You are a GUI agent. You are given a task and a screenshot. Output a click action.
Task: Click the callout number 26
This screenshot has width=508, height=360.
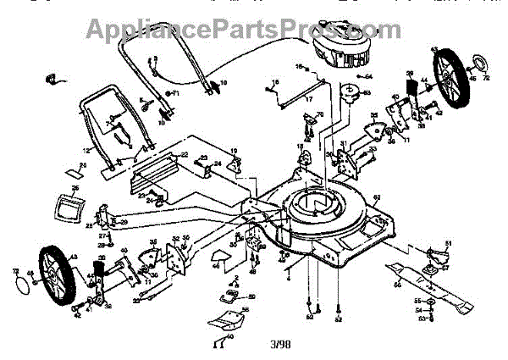pos(74,188)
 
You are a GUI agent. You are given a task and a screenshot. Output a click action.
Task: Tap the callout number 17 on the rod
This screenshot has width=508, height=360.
pos(284,97)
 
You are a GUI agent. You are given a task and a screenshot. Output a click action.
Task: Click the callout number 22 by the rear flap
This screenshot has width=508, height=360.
pos(184,155)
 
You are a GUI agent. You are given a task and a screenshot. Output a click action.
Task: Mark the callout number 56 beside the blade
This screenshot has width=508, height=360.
pos(396,285)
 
